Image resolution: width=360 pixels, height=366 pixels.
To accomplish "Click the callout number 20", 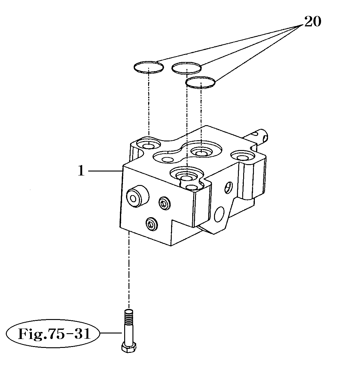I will pos(312,22).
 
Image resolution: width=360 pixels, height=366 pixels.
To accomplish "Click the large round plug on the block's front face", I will pos(136,198).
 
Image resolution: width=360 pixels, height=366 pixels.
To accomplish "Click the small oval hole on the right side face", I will pos(228,187).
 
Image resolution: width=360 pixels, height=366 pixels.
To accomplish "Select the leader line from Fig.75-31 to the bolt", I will pos(111,333).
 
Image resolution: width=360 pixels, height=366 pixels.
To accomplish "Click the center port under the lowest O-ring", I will pos(201,152).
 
